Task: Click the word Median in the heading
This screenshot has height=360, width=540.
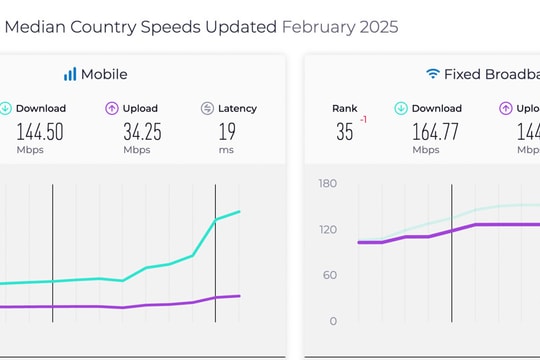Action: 36,27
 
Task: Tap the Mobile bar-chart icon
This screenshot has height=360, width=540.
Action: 70,74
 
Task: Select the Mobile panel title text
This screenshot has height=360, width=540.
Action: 105,74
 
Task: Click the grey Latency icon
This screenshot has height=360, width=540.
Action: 207,108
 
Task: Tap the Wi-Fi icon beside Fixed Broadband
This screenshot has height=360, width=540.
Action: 433,74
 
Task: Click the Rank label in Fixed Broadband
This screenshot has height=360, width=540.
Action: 344,108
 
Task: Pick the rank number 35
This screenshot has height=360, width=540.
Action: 344,131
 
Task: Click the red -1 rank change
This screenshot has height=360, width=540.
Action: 364,120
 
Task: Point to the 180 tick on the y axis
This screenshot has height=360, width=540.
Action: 328,183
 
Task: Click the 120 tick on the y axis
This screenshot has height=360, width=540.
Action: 328,229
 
